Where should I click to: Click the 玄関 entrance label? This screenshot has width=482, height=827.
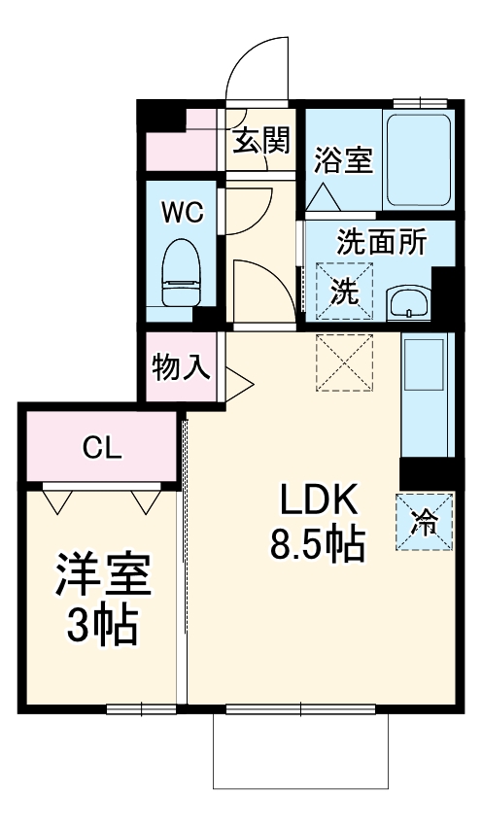point(260,142)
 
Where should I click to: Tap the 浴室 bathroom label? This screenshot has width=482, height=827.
point(343,160)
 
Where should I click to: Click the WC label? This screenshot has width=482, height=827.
point(183,213)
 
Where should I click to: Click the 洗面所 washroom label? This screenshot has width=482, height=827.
point(381,241)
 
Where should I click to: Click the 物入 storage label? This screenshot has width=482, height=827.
point(181,367)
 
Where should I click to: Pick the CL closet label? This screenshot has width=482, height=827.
point(102,448)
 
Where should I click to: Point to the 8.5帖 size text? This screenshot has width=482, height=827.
point(317,546)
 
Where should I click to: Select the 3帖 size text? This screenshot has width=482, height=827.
point(101,627)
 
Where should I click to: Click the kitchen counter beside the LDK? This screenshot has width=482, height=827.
point(426,394)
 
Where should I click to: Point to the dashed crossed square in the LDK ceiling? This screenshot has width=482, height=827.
point(344,362)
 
